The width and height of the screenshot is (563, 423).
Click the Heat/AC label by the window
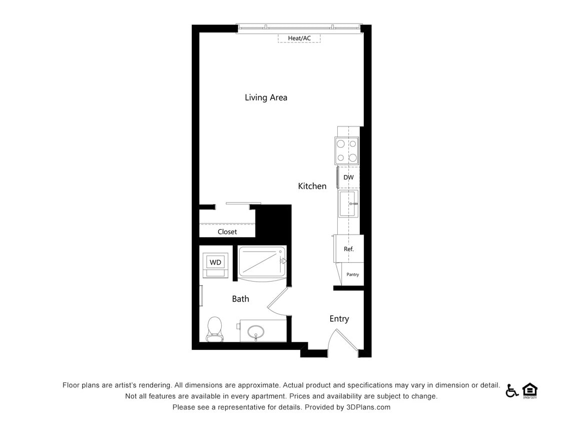coord(299,38)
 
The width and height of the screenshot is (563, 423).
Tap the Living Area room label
coord(266,97)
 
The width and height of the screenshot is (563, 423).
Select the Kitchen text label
coord(312,186)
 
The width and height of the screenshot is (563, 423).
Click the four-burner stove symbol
coord(347,151)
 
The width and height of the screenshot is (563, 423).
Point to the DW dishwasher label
coord(348,177)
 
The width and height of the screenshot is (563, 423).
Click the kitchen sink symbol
coord(348,203)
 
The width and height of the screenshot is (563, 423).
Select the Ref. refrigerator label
coord(348,249)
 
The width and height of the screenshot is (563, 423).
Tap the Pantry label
coord(352,275)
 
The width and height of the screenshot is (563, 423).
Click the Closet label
coord(227,232)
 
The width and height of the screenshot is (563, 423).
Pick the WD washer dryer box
coord(216,262)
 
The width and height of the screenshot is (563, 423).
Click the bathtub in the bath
coord(262,261)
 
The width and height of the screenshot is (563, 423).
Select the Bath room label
coord(240,299)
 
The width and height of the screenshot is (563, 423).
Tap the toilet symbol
coord(214,328)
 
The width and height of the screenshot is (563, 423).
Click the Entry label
coord(339,319)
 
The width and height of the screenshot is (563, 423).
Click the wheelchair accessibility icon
coord(511,390)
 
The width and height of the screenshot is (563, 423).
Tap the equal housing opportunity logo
coord(529,390)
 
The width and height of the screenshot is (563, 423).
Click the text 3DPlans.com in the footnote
coord(368,407)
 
